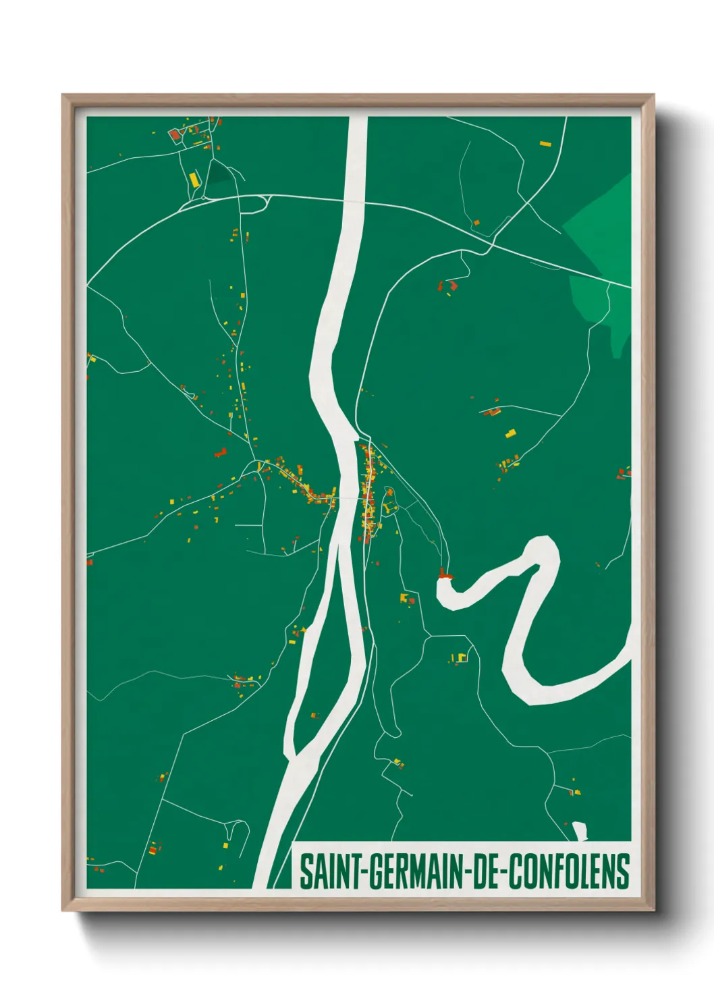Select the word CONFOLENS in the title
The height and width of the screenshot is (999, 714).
coord(568,871)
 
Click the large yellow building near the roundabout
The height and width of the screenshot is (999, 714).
coord(194,180)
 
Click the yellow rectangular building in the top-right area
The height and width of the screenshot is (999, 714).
coord(545,143)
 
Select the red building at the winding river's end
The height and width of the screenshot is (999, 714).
coord(444,574)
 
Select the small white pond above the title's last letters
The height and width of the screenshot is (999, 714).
coord(579,830)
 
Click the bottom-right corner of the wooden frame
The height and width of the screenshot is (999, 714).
coord(653,909)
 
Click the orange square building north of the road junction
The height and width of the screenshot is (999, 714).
coord(476,222)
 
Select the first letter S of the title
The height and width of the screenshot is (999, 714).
coord(306,871)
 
